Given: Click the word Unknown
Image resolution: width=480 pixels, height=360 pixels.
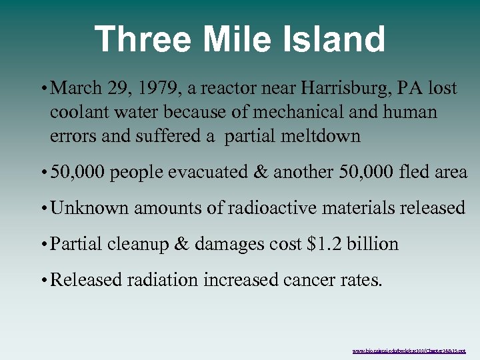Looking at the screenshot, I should (x=89, y=208).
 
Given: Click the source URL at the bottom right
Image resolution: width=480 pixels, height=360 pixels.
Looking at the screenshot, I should (x=409, y=350).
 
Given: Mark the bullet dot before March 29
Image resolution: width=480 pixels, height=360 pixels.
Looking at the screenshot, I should (x=43, y=89).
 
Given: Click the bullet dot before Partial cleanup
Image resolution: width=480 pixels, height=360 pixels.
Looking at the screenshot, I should (x=43, y=245).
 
